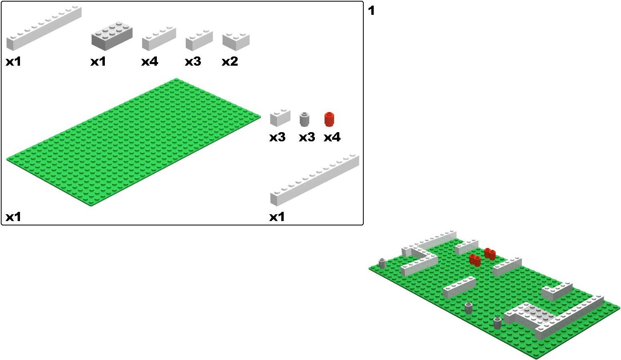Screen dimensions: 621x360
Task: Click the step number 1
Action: coord(371,11)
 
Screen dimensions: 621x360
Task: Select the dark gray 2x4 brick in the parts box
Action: coord(112,36)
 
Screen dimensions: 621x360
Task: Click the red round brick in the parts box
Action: coord(329,119)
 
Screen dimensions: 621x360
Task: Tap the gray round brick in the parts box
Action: coord(304,119)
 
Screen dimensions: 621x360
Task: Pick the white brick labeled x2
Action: coord(236,42)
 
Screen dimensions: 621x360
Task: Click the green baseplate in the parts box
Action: coord(134,143)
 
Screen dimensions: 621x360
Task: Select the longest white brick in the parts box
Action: coord(315,180)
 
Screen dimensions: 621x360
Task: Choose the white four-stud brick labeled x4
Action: coord(159,38)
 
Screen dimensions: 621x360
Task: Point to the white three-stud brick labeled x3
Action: coord(199,40)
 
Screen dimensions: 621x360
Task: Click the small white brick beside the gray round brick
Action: coord(280,118)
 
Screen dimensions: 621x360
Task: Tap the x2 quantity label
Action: coord(230,61)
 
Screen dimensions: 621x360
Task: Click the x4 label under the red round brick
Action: coord(332,137)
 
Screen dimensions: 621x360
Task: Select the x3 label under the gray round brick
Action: coord(307,137)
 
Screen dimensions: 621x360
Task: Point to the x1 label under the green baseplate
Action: coord(13,217)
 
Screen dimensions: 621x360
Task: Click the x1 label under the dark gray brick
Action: coord(98,61)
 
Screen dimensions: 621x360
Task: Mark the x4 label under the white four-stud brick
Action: coord(150,61)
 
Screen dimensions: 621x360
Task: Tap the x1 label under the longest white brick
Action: coord(277,217)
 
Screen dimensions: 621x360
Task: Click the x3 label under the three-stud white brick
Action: coord(193,61)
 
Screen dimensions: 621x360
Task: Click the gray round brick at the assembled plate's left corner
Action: coord(382,263)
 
